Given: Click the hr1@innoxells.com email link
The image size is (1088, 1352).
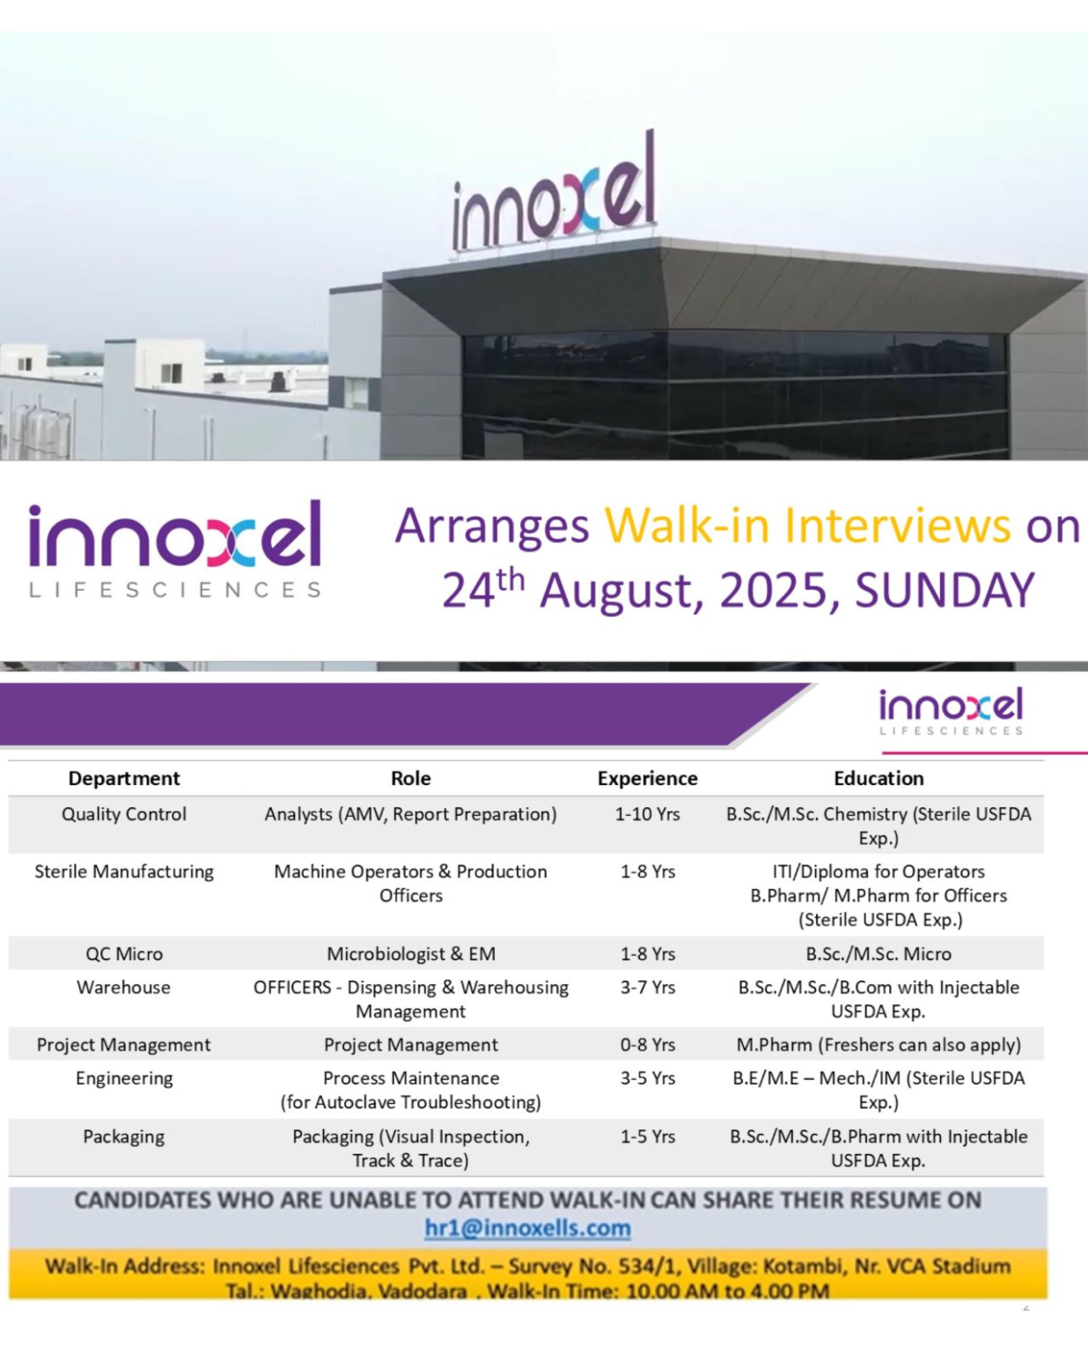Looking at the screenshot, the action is pos(527,1228).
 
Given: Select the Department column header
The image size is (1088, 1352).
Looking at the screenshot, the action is pos(124,778).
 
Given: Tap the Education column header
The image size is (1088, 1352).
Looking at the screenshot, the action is pos(878,778).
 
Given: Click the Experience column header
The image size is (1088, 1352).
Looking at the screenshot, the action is pos(647,778).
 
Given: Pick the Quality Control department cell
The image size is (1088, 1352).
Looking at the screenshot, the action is pos(124,814).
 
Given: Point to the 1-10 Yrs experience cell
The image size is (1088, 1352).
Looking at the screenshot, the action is pos(647,814).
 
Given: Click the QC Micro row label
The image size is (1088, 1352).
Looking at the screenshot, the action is pos(124,953).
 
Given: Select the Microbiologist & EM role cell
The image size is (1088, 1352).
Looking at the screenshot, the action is pos(411,953).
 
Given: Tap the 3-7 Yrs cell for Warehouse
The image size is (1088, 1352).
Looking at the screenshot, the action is pos(647,987).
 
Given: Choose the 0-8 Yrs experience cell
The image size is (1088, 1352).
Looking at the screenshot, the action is pos(647,1045).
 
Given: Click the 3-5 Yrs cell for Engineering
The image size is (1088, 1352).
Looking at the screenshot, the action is pos(647,1078).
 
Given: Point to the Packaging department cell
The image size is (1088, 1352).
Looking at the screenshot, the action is pos(124,1136).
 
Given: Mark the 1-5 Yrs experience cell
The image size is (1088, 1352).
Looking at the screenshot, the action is pos(647,1136).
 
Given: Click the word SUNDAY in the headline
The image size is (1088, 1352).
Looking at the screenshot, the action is pos(944,590).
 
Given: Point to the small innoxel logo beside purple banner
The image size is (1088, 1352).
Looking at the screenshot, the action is pos(951,711).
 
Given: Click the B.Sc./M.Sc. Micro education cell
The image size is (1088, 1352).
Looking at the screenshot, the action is pos(878,953).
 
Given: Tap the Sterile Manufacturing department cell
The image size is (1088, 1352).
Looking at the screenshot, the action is pos(124,871).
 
